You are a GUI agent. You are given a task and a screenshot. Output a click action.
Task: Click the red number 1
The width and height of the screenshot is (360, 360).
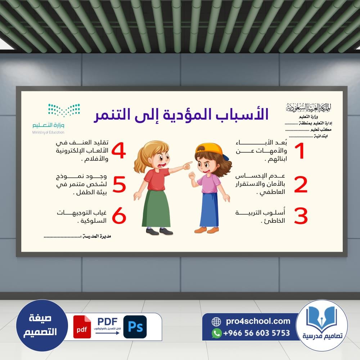tap(300, 150)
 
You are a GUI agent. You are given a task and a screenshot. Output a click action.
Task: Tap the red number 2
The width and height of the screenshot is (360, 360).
tap(301, 184)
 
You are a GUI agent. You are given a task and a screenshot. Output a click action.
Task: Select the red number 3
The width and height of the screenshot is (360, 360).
tap(301, 216)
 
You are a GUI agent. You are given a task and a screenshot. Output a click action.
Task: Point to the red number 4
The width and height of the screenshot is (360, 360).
tap(119, 150)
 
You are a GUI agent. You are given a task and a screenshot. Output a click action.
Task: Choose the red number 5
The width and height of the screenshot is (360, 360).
tap(120, 184)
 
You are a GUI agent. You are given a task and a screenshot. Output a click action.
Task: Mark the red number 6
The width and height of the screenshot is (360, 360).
tap(119, 215)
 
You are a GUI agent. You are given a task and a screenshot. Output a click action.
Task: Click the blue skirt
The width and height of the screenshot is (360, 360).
tap(209, 210)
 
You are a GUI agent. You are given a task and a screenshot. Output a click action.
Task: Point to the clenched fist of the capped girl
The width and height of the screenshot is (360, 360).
tap(192, 176)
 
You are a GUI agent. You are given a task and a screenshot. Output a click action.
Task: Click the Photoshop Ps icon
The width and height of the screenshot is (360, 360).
tap(135, 327)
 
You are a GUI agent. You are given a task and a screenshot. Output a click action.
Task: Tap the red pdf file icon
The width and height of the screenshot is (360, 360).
tap(82, 327)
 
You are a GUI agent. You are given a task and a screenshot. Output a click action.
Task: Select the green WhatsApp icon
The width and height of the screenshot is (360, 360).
tap(216, 333)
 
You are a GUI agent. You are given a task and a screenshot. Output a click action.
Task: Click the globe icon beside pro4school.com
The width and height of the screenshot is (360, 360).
tap(216, 321)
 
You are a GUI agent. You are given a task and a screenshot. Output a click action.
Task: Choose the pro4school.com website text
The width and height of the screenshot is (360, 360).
tap(258, 321)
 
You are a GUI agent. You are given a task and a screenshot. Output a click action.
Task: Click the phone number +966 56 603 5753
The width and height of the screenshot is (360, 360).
tap(256, 333)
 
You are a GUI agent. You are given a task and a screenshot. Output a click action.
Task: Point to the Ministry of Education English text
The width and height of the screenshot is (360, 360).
tap(48, 132)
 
